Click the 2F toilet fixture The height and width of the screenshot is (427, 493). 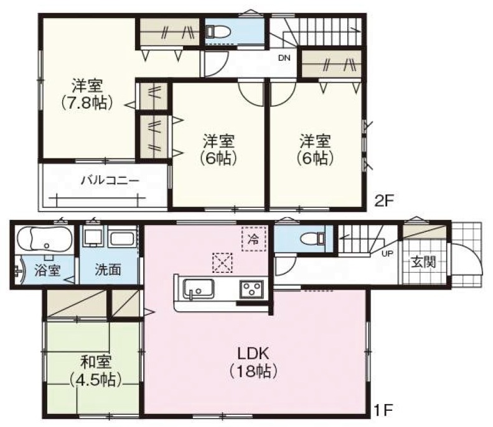click(219, 32)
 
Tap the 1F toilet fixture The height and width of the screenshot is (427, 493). click(312, 239)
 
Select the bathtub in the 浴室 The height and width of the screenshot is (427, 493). click(43, 239)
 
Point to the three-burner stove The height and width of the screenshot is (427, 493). click(251, 289)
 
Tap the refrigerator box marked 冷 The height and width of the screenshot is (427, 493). click(254, 239)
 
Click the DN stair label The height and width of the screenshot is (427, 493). click(284, 58)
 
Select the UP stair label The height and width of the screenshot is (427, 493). click(387, 254)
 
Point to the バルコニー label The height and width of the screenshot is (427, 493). click(110, 180)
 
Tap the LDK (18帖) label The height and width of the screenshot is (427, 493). click(253, 362)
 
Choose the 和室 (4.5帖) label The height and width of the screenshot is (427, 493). click(95, 371)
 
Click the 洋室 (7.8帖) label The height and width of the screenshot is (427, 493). click(87, 94)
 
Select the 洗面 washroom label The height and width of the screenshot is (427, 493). click(108, 270)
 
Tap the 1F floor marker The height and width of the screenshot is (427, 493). click(383, 410)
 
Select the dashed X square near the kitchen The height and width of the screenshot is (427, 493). click(222, 262)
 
